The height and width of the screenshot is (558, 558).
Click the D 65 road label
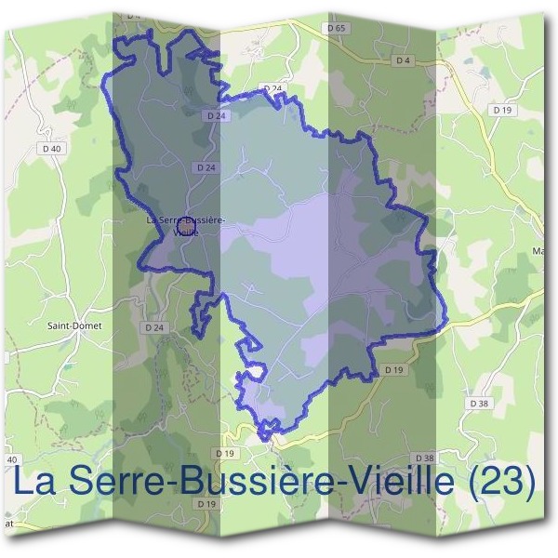(337, 29)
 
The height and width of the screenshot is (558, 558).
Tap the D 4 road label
(402, 60)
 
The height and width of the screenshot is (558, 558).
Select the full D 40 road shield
(52, 149)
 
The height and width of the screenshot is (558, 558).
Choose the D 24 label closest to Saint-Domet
(154, 328)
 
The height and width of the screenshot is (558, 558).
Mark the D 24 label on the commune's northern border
(272, 88)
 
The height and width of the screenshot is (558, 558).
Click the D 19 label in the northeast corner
(503, 110)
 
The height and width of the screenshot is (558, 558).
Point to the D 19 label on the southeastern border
(394, 370)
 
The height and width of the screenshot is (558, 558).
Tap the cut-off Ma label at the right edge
(538, 250)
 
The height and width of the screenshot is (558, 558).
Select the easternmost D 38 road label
(479, 404)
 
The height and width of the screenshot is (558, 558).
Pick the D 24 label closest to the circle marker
(206, 166)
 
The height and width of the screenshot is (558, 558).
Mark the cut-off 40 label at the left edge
(12, 460)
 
